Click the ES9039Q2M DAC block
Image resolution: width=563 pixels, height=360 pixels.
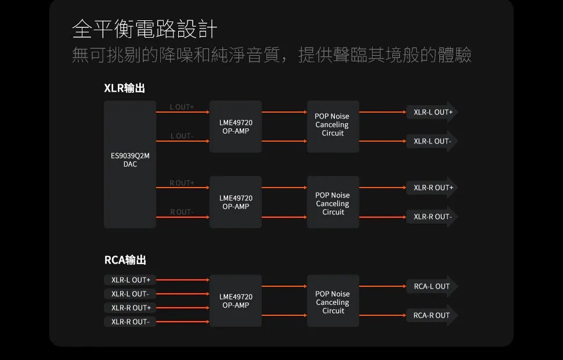130,164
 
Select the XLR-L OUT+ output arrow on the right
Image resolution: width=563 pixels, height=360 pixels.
432,112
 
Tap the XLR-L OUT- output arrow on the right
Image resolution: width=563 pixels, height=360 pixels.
432,141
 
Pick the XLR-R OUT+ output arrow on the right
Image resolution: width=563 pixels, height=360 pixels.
432,188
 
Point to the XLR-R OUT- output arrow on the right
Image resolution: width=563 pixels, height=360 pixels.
432,217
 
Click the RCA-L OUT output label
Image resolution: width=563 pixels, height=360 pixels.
432,286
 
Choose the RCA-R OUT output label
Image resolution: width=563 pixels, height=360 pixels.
432,315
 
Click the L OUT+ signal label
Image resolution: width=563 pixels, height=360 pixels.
182,107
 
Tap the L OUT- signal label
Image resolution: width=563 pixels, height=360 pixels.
182,136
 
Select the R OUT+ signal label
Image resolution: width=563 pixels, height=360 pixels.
182,183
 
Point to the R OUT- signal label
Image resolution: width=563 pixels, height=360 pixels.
182,212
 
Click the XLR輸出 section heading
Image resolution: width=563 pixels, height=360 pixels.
124,88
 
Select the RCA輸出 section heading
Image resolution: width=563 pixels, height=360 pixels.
125,260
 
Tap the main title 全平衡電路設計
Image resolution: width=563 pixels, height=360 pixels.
145,28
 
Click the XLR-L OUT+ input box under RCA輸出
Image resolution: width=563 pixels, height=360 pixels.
130,280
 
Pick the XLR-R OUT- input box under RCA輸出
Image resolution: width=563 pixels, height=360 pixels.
130,322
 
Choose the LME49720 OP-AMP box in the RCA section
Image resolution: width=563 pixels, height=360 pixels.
236,301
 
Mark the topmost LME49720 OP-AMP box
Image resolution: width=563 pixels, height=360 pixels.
236,127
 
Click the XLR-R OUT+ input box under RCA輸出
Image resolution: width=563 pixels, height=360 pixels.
130,308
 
